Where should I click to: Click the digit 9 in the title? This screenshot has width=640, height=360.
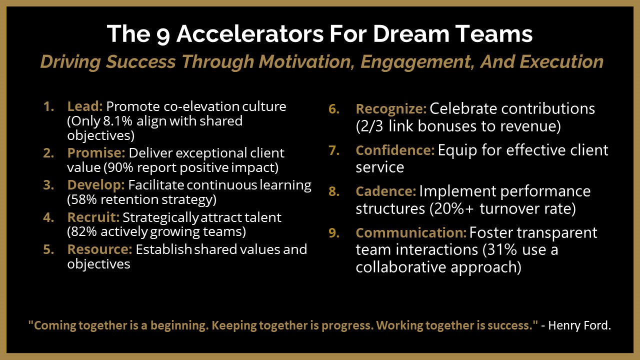coord(163,35)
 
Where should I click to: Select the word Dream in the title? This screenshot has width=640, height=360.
coord(411,33)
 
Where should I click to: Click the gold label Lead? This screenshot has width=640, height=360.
coord(85,106)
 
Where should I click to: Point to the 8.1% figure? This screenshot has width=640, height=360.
coord(117,121)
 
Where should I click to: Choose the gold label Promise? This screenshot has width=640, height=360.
coord(96,153)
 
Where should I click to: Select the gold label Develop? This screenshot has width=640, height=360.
coord(96,185)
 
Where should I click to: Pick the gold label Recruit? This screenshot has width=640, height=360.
coord(93,217)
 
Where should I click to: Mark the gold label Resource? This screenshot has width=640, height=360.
coord(99,249)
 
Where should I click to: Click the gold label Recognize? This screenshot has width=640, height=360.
coord(391,109)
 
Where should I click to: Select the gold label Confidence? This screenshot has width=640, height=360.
coord(395,150)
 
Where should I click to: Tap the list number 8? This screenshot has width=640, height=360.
coord(334,191)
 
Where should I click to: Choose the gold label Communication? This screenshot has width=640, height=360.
coord(411,233)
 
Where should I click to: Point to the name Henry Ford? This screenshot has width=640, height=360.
coord(579,325)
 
